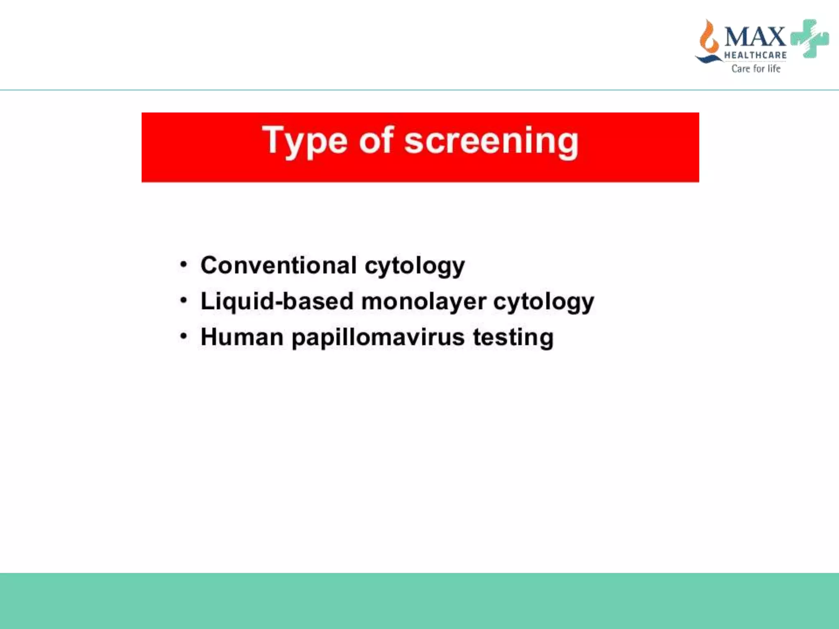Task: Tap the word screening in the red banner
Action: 491,141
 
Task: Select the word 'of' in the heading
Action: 376,140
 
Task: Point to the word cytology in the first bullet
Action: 415,266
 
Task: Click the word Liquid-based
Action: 277,301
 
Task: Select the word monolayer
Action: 424,302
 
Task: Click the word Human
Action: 242,337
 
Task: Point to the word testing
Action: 513,338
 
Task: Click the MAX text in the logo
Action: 755,37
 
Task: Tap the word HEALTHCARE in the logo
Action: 755,55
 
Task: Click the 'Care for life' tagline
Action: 756,68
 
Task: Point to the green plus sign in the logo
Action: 810,38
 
